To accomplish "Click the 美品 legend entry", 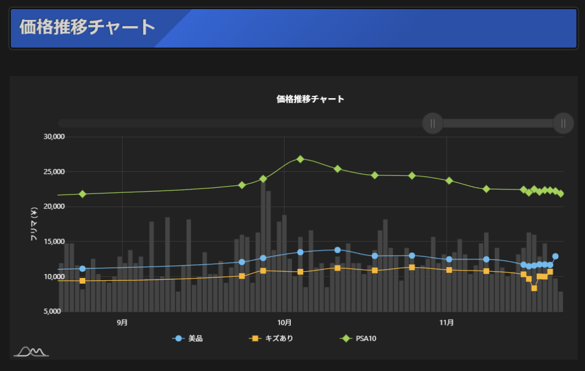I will pyautogui.click(x=189, y=338).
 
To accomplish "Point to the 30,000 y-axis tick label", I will pyautogui.click(x=54, y=137).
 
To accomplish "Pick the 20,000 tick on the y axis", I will pyautogui.click(x=54, y=207).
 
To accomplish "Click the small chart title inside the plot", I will pyautogui.click(x=310, y=99).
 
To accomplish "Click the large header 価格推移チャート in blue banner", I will pyautogui.click(x=87, y=27).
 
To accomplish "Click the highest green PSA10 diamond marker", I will pyautogui.click(x=300, y=159).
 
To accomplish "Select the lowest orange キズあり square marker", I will pyautogui.click(x=534, y=288).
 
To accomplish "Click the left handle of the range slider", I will pyautogui.click(x=432, y=123).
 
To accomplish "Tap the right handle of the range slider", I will pyautogui.click(x=563, y=123).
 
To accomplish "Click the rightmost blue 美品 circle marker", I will pyautogui.click(x=555, y=256).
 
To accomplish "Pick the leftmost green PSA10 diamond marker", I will pyautogui.click(x=82, y=194).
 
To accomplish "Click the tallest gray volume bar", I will pyautogui.click(x=263, y=245).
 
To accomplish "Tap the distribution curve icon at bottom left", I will pyautogui.click(x=31, y=352).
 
